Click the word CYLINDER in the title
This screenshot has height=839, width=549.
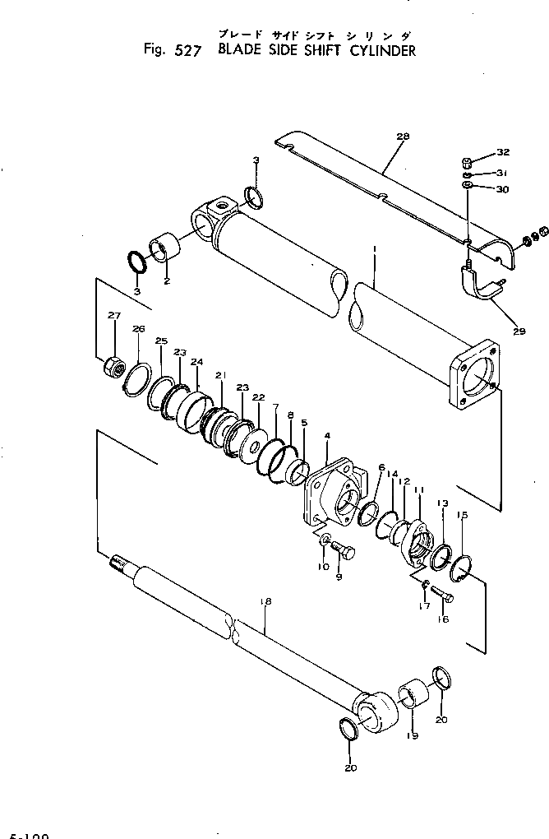376,50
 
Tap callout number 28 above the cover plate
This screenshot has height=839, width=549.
401,136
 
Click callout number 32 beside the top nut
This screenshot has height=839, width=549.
503,153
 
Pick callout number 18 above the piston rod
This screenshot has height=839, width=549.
265,602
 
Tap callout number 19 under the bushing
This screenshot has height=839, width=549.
412,736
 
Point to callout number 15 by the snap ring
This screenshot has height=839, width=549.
462,515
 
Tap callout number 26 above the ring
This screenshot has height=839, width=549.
138,329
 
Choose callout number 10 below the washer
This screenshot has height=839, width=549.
323,568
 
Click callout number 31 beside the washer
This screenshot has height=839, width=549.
503,173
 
